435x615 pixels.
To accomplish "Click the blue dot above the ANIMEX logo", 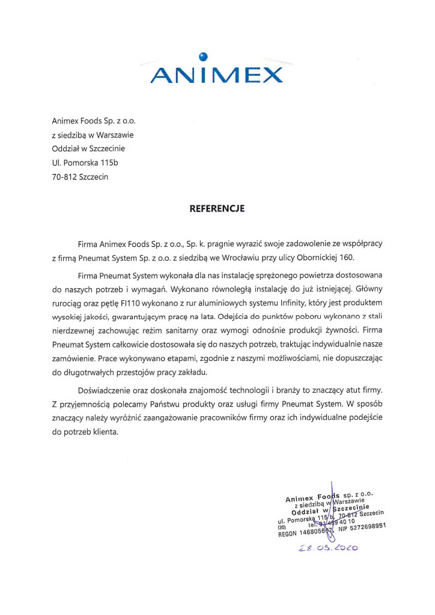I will [x=204, y=57].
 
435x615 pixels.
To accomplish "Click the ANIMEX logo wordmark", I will [x=217, y=76].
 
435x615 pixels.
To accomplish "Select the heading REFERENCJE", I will [x=218, y=210].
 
